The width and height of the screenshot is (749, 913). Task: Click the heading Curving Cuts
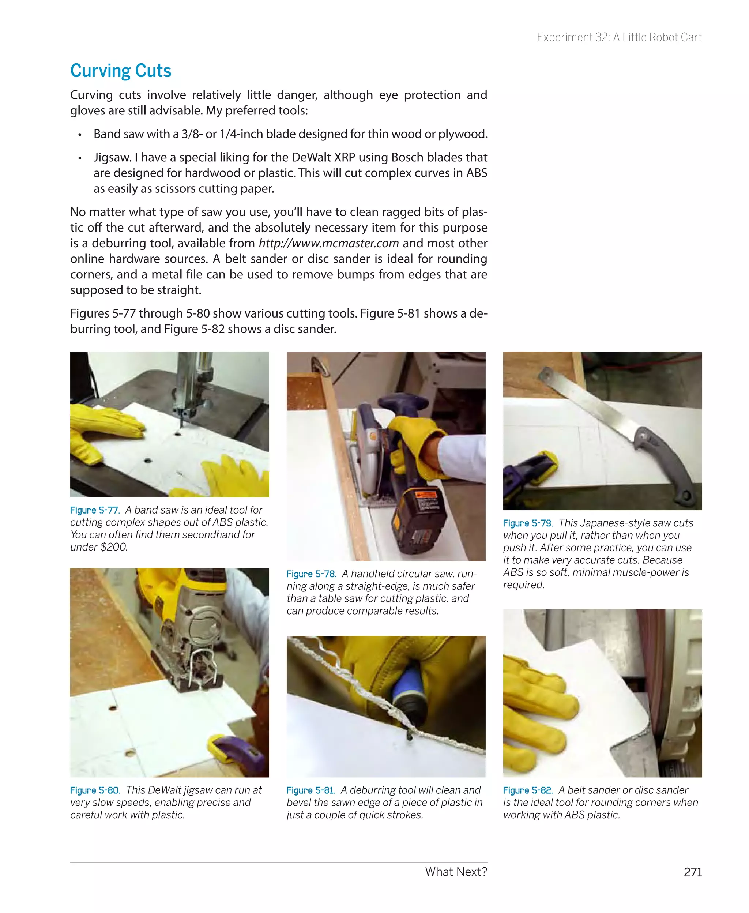(120, 71)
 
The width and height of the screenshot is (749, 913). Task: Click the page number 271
(692, 872)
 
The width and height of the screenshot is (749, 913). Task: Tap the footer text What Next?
(456, 872)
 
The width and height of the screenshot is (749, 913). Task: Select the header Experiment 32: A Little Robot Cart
(619, 38)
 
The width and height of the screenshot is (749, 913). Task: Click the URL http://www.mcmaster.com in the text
(328, 243)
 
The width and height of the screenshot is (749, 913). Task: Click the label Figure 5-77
(94, 510)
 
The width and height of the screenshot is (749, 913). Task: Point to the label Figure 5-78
(310, 574)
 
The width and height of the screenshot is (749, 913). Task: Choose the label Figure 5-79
(527, 523)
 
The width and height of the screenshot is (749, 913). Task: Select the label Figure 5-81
(310, 790)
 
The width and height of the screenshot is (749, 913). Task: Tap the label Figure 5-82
(527, 790)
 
